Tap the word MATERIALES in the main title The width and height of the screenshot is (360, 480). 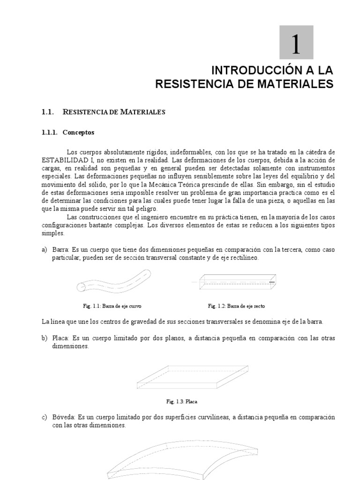[x=293, y=84]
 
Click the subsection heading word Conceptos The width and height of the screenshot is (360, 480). [x=78, y=133]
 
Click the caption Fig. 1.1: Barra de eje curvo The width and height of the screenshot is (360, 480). [x=112, y=306]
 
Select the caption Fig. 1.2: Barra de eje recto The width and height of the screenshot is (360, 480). [x=237, y=306]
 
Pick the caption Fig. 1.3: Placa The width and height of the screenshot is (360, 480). [x=185, y=401]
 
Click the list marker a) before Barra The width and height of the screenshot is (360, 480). [x=45, y=250]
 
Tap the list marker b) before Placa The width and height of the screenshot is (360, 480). [x=45, y=338]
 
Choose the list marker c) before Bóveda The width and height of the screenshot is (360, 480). [x=45, y=417]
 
